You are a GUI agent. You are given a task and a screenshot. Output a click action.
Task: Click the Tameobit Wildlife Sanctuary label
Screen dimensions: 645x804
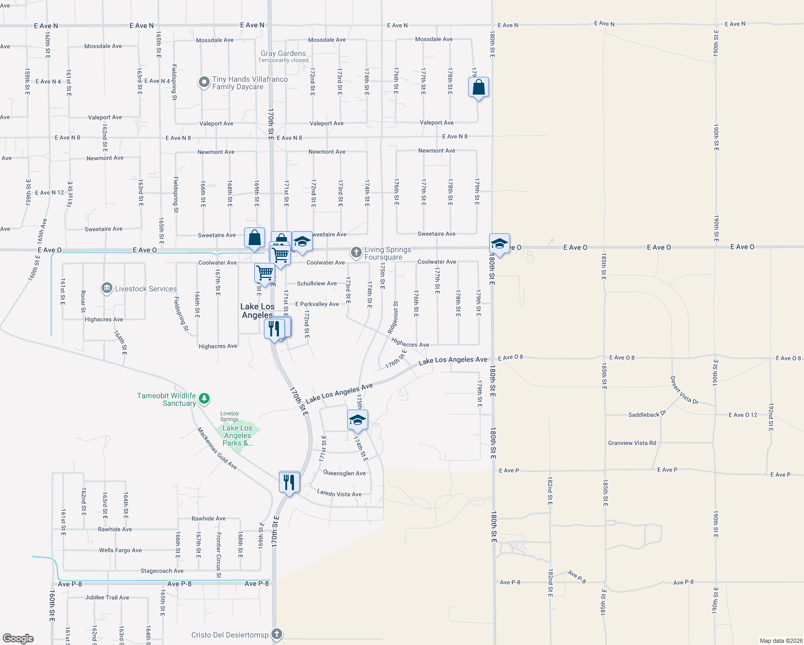167,399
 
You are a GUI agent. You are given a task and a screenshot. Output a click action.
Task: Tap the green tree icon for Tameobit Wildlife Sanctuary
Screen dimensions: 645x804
204,398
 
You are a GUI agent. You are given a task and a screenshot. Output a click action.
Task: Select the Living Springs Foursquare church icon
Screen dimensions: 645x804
356,252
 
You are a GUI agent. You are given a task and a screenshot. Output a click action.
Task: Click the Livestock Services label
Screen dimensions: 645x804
146,289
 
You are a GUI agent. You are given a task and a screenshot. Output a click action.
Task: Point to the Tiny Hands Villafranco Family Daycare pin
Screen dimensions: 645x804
204,82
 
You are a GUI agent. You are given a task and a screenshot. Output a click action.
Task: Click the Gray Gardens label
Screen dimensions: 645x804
283,53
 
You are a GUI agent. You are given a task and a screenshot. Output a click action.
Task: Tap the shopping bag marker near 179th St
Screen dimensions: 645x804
478,88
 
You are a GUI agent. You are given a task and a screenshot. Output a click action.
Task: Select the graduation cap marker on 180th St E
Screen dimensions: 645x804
499,245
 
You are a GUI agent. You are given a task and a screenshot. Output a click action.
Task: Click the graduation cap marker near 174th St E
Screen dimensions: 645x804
357,420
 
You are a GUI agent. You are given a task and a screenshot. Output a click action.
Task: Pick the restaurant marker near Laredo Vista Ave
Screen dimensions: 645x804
289,482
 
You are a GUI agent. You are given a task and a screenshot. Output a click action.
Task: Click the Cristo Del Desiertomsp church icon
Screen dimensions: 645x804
277,634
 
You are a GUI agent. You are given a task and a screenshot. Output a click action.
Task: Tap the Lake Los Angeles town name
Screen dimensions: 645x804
257,311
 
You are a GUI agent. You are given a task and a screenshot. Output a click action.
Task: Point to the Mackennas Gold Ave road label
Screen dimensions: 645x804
217,448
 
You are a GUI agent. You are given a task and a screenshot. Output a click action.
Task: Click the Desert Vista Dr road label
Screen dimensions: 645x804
684,390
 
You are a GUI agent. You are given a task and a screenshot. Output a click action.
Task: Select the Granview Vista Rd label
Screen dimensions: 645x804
632,443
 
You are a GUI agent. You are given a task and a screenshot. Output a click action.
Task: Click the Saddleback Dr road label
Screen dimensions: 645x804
647,414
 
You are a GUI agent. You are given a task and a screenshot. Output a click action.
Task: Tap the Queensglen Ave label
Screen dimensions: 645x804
344,473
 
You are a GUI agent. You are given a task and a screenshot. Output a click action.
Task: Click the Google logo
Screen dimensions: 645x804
18,638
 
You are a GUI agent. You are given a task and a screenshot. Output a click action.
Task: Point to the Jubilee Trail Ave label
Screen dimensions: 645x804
107,597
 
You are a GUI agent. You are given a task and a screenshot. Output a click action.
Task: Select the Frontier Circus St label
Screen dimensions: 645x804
219,555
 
